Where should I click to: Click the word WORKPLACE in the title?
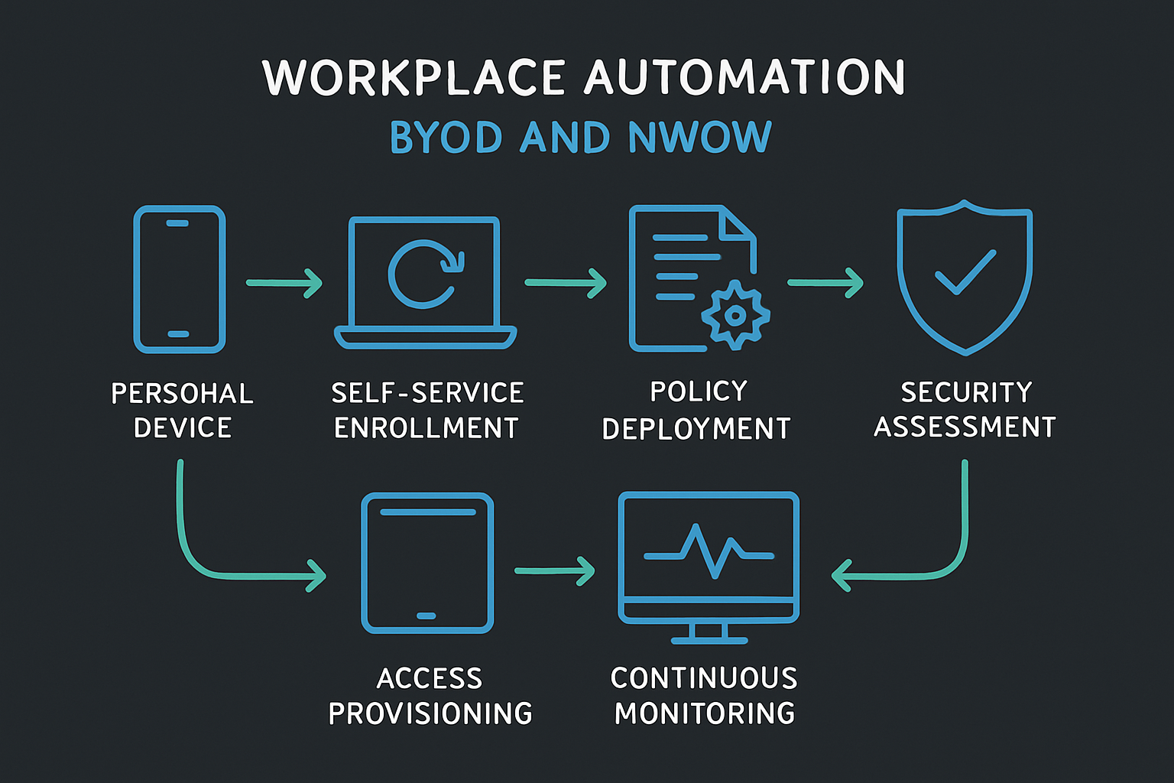pos(413,78)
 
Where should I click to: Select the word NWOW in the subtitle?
pos(699,138)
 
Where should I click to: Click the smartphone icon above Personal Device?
pos(179,279)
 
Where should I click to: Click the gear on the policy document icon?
pos(735,314)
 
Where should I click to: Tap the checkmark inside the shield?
pos(965,272)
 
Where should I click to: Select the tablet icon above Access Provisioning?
pos(426,563)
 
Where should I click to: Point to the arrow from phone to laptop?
pos(284,283)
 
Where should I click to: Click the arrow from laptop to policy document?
pos(565,283)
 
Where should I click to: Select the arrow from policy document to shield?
pos(825,283)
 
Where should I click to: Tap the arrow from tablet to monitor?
pos(554,570)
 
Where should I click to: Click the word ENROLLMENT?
pos(426,428)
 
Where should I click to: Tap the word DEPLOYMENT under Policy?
pos(696,429)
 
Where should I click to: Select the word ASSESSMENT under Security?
pos(965,427)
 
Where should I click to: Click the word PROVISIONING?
pos(430,713)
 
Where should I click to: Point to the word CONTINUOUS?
pos(704,678)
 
